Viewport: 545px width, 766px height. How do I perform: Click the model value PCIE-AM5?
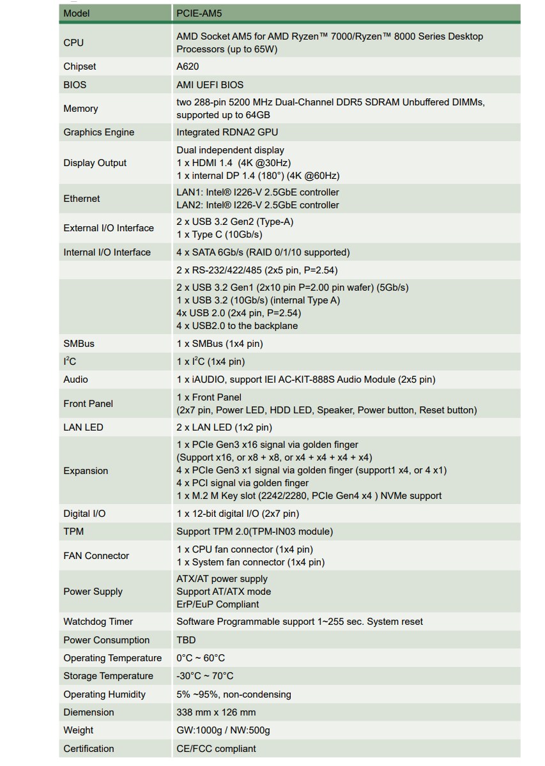[199, 13]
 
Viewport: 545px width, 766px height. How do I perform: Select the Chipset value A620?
[187, 66]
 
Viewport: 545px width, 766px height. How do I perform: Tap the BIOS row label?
[75, 84]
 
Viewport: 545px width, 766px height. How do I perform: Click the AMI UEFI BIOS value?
[210, 84]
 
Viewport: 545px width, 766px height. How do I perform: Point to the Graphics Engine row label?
[98, 132]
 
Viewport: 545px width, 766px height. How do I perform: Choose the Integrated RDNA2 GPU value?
[227, 132]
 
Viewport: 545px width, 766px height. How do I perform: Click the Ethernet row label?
[82, 199]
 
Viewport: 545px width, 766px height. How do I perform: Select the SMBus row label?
[79, 344]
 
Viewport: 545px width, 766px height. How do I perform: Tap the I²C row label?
[70, 362]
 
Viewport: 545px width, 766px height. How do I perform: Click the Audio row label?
[75, 379]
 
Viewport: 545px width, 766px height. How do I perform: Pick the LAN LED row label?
[83, 427]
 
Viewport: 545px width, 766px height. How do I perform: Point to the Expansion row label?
[86, 471]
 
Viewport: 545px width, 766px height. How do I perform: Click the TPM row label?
[73, 532]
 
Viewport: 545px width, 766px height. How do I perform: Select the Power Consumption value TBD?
[186, 640]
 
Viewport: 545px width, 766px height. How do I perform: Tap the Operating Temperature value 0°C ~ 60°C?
[201, 658]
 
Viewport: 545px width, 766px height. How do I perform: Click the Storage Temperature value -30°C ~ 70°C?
[204, 676]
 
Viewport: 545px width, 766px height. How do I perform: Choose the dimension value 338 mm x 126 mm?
[216, 712]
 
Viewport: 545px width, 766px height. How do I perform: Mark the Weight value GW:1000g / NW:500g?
[223, 730]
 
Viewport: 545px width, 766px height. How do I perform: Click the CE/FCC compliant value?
[216, 749]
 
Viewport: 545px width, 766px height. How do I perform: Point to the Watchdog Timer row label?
[98, 622]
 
